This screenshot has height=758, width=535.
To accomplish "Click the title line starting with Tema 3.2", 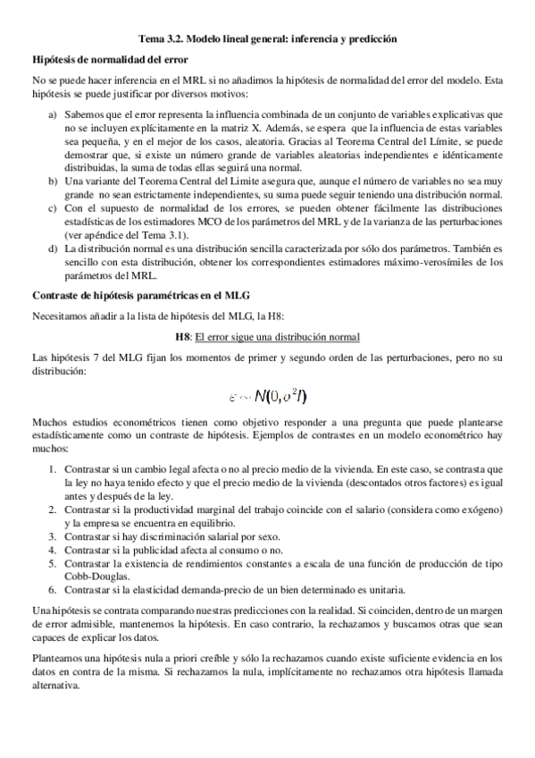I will click(x=267, y=39).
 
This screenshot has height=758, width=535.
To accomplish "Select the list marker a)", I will click(x=53, y=115).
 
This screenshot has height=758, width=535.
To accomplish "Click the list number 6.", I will click(x=53, y=590).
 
